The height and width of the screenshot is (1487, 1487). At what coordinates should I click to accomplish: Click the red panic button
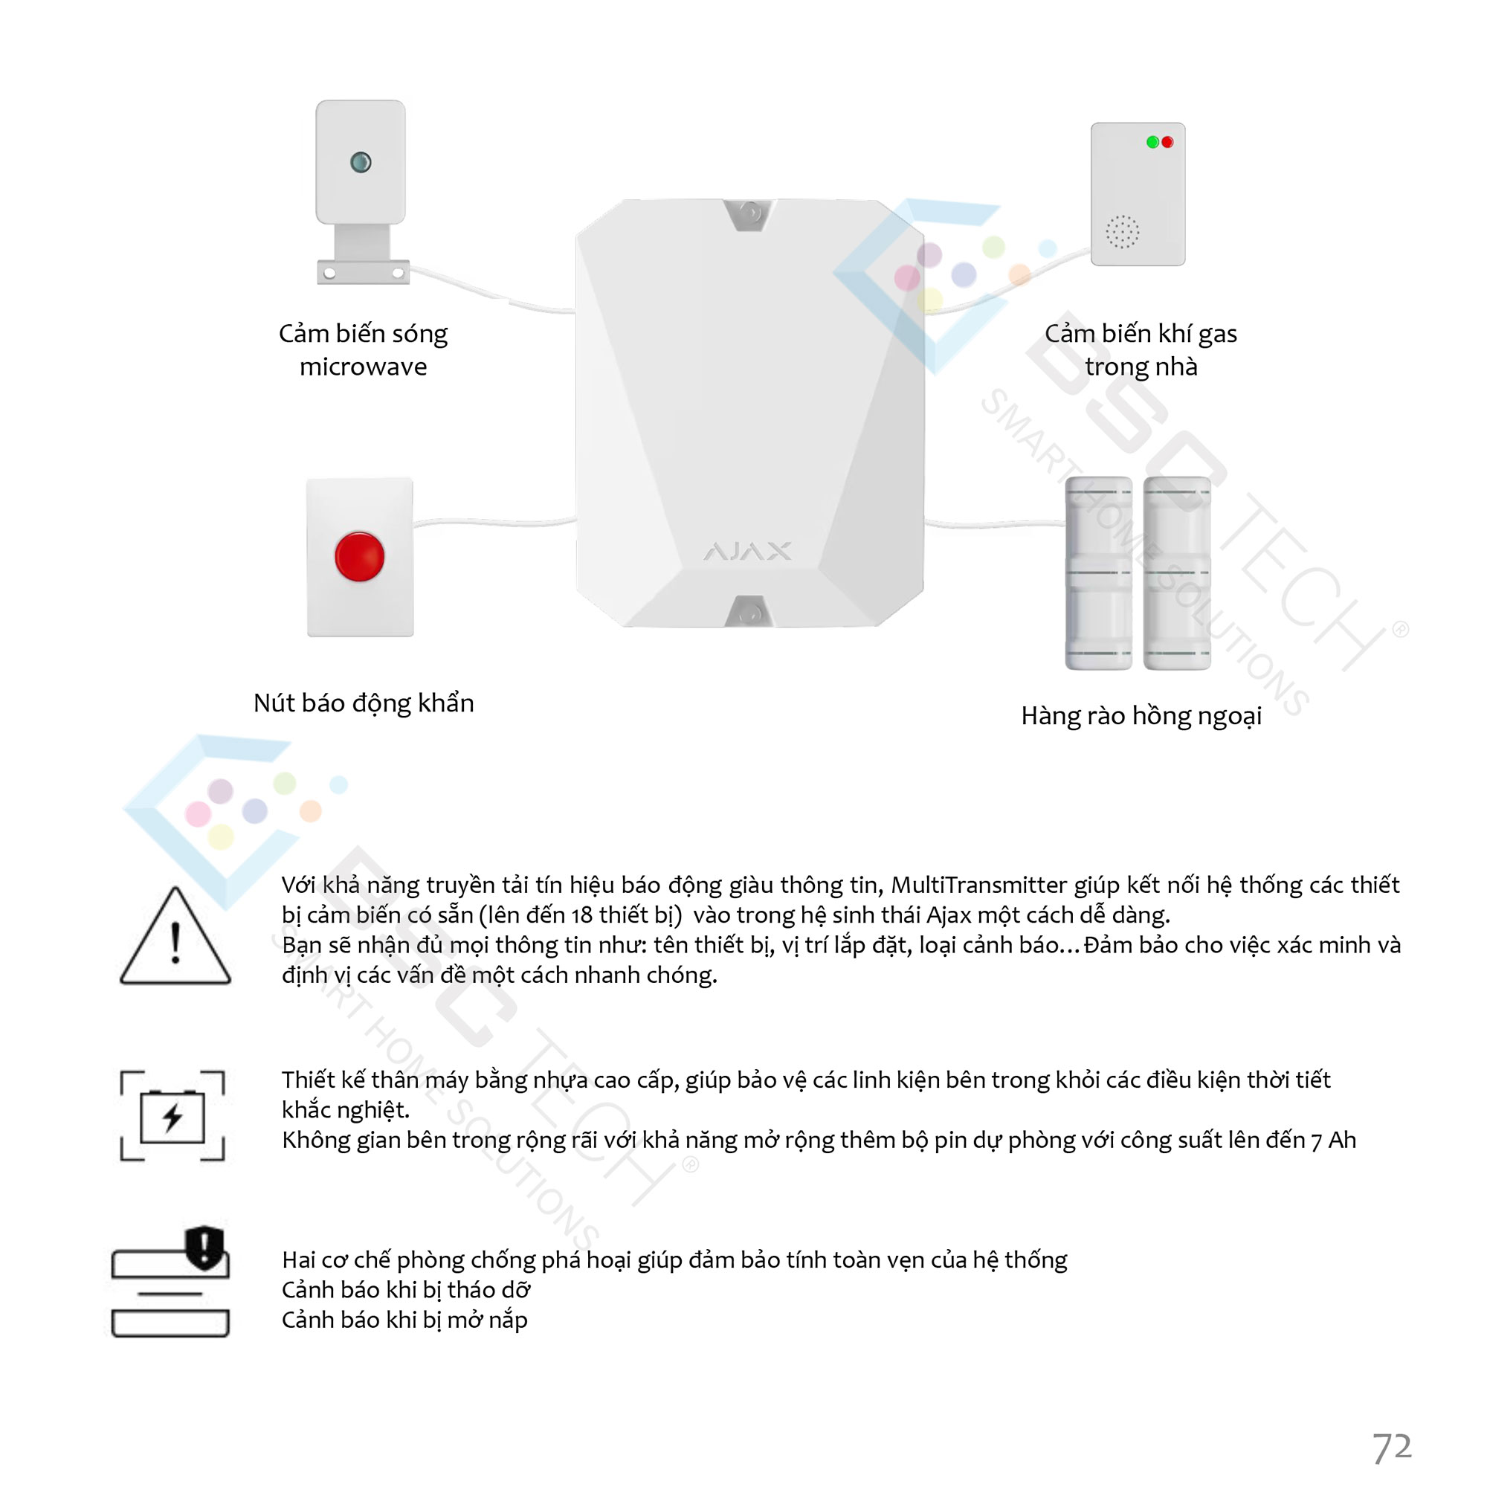(359, 555)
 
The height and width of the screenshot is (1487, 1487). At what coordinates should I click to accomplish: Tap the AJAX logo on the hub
(747, 551)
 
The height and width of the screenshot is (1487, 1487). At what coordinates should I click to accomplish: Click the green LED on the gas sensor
(1152, 143)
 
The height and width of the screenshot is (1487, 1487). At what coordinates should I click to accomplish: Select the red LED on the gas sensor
(1167, 143)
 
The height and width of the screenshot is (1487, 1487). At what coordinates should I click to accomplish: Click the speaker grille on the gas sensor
(1122, 232)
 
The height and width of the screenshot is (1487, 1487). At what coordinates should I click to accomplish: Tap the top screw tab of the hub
(749, 213)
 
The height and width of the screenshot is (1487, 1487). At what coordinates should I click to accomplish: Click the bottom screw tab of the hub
(749, 612)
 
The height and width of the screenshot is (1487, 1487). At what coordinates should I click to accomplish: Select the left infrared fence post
(1098, 573)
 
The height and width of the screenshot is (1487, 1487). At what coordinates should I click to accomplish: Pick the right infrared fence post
(1177, 573)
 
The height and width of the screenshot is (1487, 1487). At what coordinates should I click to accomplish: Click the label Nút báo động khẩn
(364, 703)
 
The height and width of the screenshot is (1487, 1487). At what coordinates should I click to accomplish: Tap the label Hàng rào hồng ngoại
(1141, 716)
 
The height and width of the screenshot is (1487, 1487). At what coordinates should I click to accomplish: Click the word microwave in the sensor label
(364, 367)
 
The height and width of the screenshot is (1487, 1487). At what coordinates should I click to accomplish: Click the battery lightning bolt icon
(172, 1117)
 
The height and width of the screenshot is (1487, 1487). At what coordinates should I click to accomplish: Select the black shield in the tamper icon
(204, 1248)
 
